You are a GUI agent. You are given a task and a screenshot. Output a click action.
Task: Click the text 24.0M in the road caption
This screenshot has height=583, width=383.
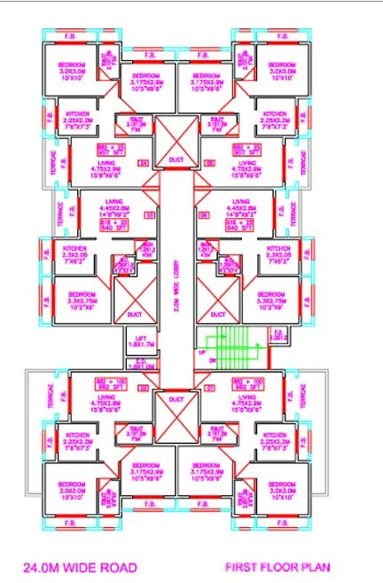37,565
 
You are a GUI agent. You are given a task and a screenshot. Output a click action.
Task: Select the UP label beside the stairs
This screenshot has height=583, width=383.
202,351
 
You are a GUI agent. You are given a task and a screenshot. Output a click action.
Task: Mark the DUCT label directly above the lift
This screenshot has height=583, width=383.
135,313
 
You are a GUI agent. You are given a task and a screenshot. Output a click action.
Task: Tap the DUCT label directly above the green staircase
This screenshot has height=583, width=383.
215,313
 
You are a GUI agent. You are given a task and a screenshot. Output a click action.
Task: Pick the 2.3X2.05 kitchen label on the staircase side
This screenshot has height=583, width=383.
277,255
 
